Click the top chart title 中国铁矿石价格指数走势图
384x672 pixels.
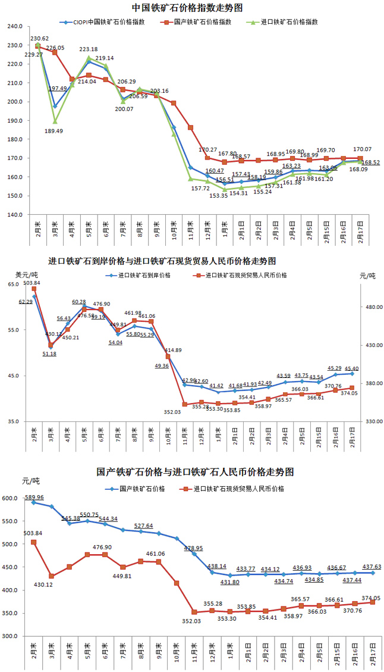[x=192, y=8]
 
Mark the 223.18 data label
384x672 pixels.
[x=88, y=49]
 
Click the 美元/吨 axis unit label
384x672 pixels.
[x=27, y=274]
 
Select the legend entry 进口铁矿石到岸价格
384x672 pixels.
[x=144, y=276]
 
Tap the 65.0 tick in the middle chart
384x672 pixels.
[x=14, y=285]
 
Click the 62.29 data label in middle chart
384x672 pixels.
[x=26, y=302]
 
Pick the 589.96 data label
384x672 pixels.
[x=33, y=497]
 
